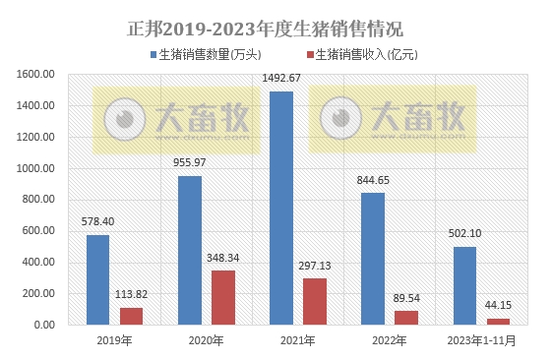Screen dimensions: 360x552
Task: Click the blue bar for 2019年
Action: [97, 279]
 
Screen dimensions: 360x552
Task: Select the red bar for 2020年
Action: [222, 291]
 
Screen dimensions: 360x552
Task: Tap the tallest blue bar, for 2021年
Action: [281, 208]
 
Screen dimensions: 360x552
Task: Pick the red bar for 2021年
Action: [314, 301]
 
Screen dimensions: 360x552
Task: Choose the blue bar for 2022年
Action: [373, 258]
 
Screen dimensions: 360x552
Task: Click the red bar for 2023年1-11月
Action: [498, 321]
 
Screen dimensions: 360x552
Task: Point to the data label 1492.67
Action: [281, 80]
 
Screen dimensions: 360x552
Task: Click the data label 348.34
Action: [222, 258]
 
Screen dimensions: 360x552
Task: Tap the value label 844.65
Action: [373, 180]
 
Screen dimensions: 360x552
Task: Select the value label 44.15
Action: [498, 306]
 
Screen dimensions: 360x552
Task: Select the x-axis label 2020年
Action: [206, 341]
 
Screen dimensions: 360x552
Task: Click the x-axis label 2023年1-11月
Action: [481, 341]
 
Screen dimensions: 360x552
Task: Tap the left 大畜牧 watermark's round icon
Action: [123, 118]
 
